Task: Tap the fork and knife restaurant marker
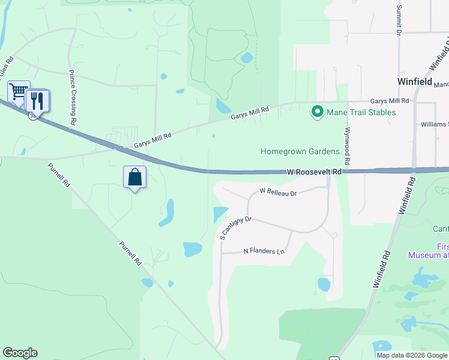coord(37,101)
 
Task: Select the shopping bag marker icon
coord(134,178)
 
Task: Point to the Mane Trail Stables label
coord(361,112)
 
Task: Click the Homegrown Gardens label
coord(300,151)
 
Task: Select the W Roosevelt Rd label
coord(314,172)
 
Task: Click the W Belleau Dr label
coord(278,193)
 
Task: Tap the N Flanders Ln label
coord(264,251)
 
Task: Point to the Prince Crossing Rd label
coord(73,97)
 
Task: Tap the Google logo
coord(20,353)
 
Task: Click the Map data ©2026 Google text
coord(412,355)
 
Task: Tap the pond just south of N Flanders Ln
coord(324,284)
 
